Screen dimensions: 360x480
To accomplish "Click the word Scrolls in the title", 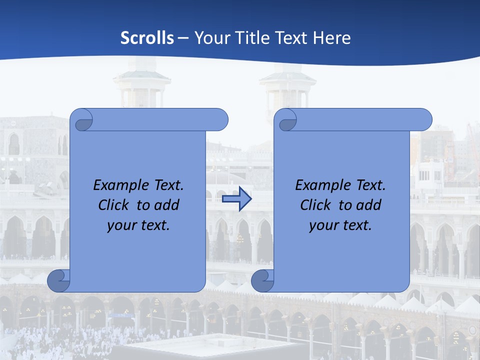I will (147, 38).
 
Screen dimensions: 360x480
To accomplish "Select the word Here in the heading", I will (332, 38).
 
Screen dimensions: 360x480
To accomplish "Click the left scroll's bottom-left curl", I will (58, 280).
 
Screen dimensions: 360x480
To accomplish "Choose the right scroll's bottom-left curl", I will (262, 280).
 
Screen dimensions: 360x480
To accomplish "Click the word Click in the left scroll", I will (114, 205).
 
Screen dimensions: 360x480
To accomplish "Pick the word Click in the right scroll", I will (315, 205).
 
